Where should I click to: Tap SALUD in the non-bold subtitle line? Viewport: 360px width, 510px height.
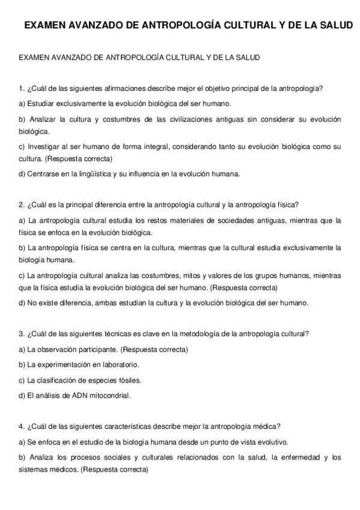click(247, 58)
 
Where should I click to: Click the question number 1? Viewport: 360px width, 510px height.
click(22, 89)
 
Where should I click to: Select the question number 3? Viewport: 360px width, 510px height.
click(22, 334)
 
